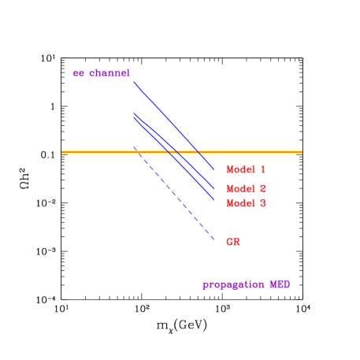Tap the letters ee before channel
pos(79,73)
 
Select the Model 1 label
pos(245,169)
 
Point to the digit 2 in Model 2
pos(262,188)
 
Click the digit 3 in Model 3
pos(262,203)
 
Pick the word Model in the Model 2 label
pos(239,188)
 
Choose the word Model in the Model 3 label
pos(239,203)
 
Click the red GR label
pos(232,242)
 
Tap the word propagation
pos(233,284)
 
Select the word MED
pos(280,284)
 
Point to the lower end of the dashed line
pos(214,240)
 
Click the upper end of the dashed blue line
pos(134,147)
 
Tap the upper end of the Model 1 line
pos(134,82)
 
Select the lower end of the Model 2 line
pos(214,188)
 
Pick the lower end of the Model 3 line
pos(214,201)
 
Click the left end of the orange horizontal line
pos(62,151)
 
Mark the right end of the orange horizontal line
pos(302,151)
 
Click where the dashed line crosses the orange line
pos(139,151)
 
